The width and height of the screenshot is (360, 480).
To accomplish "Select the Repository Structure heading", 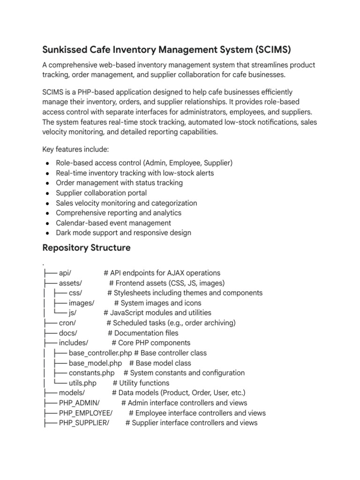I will [86, 247].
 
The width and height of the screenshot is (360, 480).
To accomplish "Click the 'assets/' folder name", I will [71, 283].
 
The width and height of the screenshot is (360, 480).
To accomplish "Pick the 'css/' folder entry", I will [75, 293].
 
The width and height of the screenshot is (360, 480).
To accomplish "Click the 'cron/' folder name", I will [67, 323].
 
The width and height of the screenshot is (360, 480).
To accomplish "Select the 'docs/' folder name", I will [68, 333].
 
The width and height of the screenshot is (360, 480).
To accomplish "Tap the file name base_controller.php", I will [100, 353].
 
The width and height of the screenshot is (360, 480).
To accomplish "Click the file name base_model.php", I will [95, 363].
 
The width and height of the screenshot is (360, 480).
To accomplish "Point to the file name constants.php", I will [91, 373].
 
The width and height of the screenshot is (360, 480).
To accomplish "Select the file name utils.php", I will [82, 383].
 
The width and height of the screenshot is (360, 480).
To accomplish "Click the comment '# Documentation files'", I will [143, 333].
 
